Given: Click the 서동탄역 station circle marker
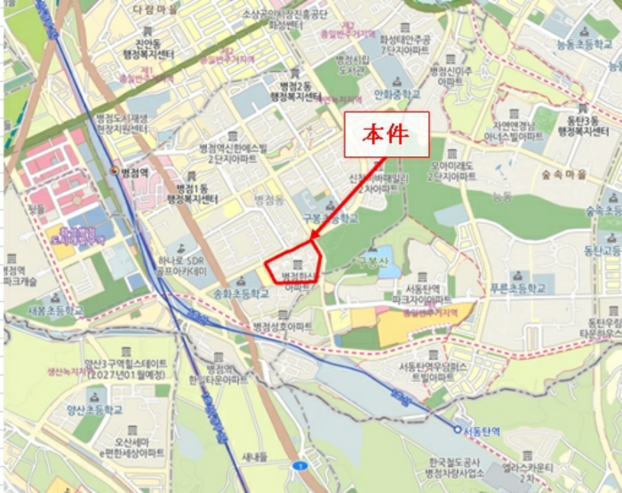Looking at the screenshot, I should point(458,429).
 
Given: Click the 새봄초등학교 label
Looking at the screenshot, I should point(55,311).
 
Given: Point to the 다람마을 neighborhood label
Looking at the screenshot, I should point(155,7).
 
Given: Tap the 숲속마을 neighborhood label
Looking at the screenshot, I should point(557,175).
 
